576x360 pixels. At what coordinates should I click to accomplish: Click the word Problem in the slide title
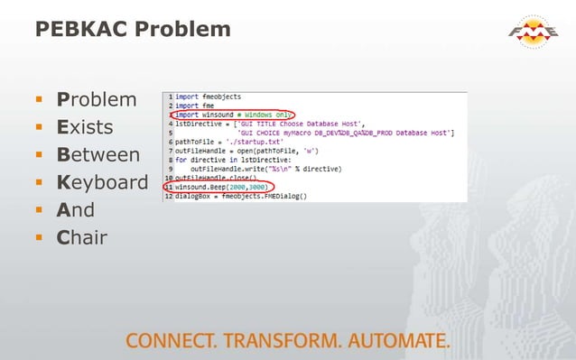point(184,29)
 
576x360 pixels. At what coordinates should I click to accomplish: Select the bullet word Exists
point(89,126)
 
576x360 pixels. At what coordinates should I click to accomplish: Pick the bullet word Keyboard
point(102,182)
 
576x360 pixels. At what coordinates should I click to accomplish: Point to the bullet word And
point(75,210)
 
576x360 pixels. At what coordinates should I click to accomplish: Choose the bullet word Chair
point(81,238)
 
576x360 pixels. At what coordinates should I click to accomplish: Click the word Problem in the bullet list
point(97,98)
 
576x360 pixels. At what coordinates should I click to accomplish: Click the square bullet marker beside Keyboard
point(40,183)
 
